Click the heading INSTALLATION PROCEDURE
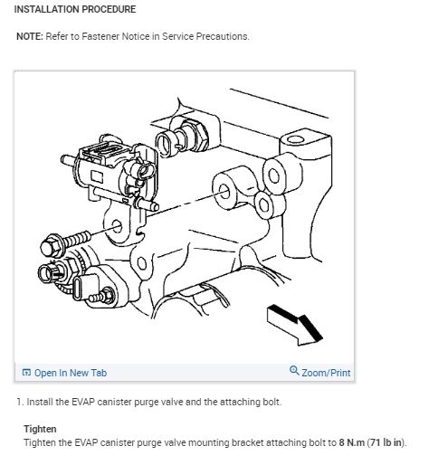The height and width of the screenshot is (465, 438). point(75,9)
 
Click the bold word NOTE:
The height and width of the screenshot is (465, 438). point(30,36)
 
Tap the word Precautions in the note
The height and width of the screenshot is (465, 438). point(223,36)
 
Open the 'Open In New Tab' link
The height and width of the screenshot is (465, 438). point(71,373)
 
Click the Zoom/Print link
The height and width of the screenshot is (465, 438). point(326,373)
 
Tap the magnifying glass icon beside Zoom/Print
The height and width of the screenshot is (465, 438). point(294,370)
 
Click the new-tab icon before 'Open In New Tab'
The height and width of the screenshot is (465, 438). point(26,373)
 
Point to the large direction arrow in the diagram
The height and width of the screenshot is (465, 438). point(295,325)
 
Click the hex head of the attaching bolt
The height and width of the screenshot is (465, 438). point(50,246)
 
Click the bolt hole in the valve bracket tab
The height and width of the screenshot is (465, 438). point(117,226)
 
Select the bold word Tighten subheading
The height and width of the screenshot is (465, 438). point(40,429)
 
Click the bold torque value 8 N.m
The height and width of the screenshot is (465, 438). point(352,442)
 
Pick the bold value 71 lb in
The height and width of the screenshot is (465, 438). point(386,442)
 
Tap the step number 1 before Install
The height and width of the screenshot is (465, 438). point(20,402)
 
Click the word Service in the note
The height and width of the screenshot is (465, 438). point(178,36)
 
